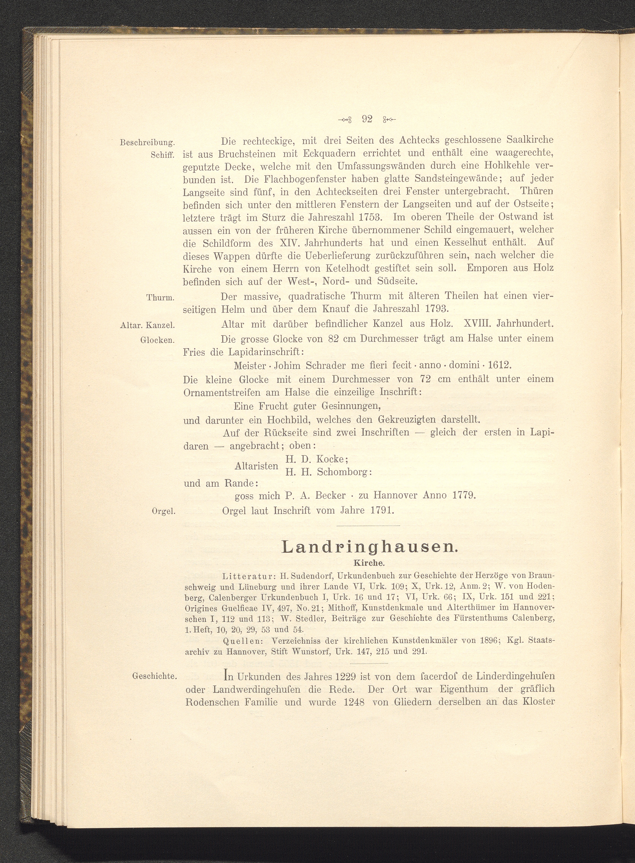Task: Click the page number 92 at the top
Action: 367,119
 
